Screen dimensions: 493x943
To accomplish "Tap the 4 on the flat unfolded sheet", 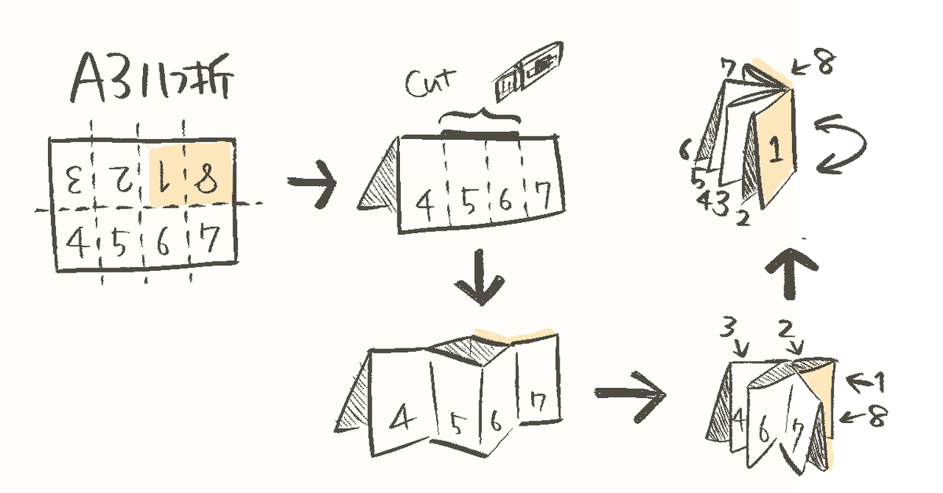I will (75, 241).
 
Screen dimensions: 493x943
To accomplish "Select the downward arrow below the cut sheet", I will (479, 281).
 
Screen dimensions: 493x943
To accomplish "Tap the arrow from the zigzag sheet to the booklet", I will (629, 390).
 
